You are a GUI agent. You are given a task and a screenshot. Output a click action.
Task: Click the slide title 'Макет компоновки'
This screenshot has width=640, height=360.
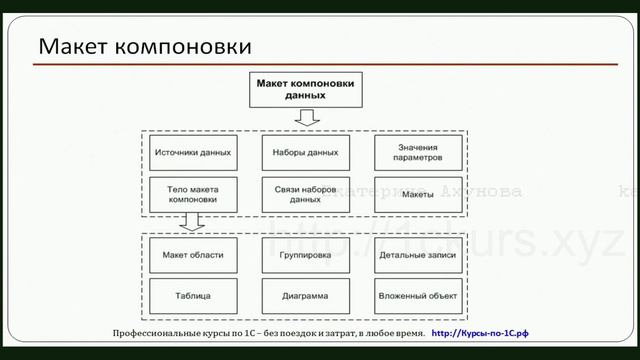click(146, 46)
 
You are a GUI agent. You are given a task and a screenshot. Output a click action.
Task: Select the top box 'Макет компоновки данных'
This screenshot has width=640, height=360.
click(305, 90)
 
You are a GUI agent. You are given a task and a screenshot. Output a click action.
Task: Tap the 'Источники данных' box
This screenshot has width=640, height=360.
click(194, 153)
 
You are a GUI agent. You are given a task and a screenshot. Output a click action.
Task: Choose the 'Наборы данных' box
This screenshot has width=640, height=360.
click(305, 153)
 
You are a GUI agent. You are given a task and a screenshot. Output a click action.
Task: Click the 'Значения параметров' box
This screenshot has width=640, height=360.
click(418, 153)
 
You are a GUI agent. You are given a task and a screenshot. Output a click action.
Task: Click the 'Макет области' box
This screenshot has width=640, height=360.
click(194, 256)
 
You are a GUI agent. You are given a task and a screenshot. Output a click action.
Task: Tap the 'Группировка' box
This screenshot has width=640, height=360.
click(305, 256)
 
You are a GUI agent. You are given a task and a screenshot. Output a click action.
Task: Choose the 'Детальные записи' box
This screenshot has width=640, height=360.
click(418, 256)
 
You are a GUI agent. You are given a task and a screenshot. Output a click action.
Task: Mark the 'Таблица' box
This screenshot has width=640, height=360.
click(194, 296)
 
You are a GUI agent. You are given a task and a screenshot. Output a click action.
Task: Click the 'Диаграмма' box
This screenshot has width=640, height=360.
click(305, 296)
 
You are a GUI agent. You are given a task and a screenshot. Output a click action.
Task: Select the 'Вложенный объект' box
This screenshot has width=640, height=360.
click(418, 296)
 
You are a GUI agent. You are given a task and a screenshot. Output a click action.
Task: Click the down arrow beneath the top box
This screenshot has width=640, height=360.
click(307, 118)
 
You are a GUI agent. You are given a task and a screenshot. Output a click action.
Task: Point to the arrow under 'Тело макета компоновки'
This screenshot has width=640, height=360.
click(195, 223)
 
